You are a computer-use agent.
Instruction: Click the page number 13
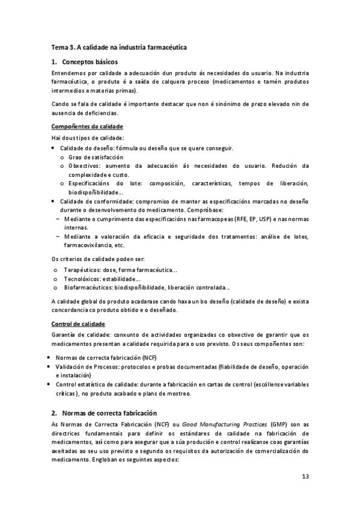305,477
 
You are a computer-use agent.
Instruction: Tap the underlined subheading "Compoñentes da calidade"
87,126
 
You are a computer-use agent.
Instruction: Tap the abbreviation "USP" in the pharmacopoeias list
260,220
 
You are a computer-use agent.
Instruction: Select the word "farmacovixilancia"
88,245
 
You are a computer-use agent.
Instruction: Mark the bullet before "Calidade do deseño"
54,148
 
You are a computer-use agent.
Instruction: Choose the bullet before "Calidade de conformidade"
54,201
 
